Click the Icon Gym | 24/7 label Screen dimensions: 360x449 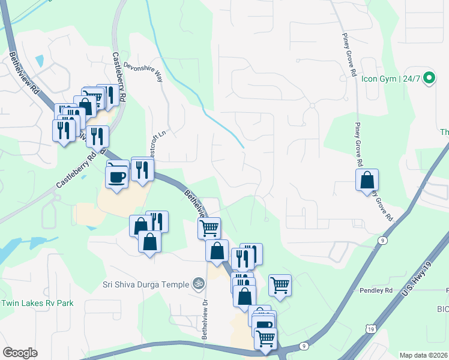click(x=390, y=78)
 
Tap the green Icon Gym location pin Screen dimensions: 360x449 click(x=429, y=78)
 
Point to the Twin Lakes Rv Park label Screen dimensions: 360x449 click(x=37, y=303)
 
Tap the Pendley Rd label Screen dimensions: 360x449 click(x=376, y=290)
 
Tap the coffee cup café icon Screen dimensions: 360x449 click(x=116, y=176)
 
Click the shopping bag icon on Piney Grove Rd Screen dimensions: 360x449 click(x=367, y=180)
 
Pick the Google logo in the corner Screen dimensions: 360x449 click(x=20, y=353)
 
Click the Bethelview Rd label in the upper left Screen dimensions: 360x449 click(x=23, y=75)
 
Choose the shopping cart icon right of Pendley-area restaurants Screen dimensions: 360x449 click(x=280, y=285)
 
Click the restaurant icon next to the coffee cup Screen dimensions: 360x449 click(x=142, y=170)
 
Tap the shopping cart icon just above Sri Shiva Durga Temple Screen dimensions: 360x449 click(x=209, y=228)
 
